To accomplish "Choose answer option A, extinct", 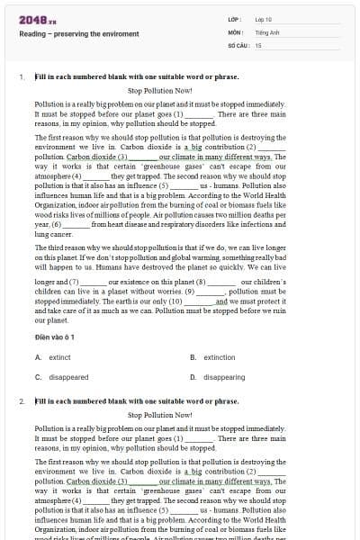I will click(x=58, y=357).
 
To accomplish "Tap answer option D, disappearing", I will click(x=224, y=377).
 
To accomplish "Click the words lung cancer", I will click(x=49, y=233).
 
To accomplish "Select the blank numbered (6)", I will click(x=76, y=224).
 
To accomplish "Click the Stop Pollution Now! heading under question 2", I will click(x=160, y=415).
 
